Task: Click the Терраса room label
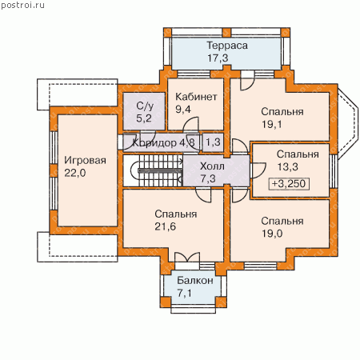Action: (x=227, y=46)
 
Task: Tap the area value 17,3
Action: (x=218, y=58)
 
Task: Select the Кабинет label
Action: (x=196, y=97)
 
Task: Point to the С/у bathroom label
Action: (x=145, y=106)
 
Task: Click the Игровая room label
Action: (x=85, y=161)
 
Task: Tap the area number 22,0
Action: (x=75, y=173)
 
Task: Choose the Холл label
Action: (x=212, y=166)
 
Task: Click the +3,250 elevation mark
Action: (x=289, y=184)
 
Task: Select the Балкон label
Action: (x=195, y=281)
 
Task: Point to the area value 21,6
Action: (x=166, y=226)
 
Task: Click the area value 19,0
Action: (x=272, y=234)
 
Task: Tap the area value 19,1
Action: (x=271, y=124)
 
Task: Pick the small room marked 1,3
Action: (x=213, y=142)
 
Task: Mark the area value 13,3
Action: (x=288, y=167)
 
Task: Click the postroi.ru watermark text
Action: (x=22, y=5)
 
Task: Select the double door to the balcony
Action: (x=187, y=258)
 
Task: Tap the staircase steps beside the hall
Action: (x=159, y=170)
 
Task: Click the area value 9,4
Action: (x=183, y=110)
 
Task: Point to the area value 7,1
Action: (x=184, y=294)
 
